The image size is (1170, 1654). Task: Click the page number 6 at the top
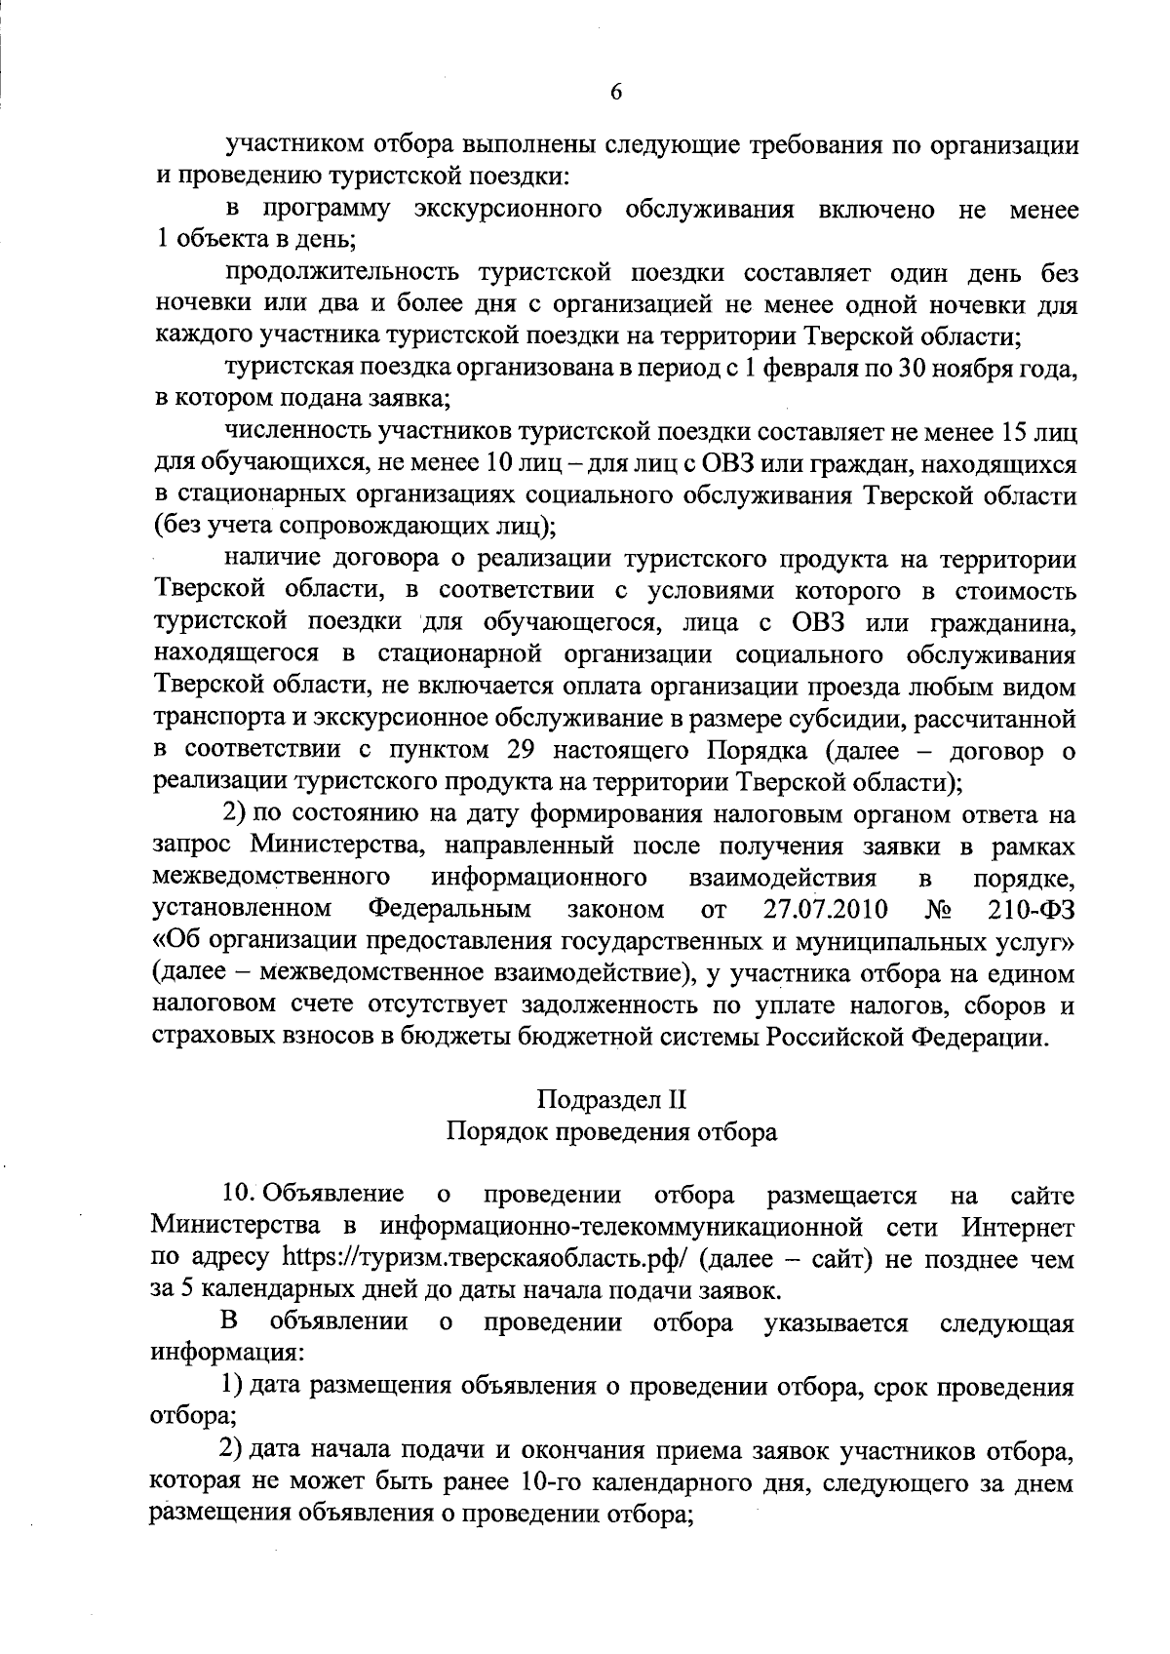point(615,93)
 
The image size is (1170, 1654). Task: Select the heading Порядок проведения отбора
point(611,1131)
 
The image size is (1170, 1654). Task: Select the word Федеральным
point(449,910)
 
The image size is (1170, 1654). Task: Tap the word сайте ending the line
point(1042,1194)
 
